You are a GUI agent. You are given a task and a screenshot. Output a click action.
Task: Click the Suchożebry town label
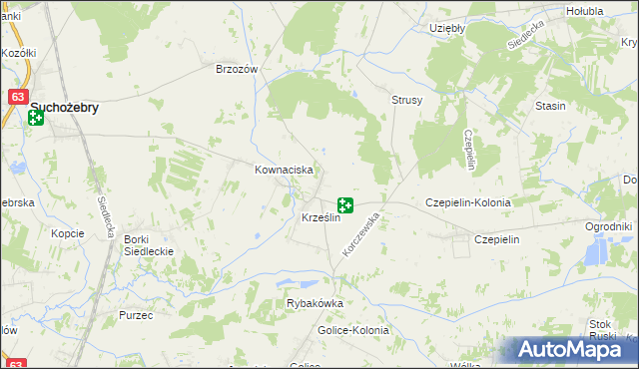coord(65,108)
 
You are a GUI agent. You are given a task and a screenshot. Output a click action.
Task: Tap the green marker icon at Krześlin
coord(344,205)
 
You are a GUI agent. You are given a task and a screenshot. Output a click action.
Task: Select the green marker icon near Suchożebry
coord(36,119)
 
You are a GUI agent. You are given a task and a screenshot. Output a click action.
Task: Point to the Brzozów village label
coord(238,70)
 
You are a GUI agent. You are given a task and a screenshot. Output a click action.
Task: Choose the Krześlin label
coord(320,218)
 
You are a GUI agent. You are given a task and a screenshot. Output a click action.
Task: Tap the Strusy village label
coord(407,101)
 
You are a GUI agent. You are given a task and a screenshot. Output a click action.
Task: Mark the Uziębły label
coord(446,29)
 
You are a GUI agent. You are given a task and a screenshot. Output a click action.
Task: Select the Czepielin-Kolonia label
coord(468,202)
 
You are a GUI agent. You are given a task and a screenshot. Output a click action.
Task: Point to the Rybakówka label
coord(315,304)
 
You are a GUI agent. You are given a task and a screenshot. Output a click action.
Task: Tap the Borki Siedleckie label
coord(149,245)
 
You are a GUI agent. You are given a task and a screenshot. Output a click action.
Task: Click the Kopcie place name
coord(68,233)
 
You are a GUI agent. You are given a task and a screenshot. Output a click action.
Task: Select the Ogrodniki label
coord(609,227)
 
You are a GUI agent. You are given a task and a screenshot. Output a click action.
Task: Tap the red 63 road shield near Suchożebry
coord(17,98)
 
